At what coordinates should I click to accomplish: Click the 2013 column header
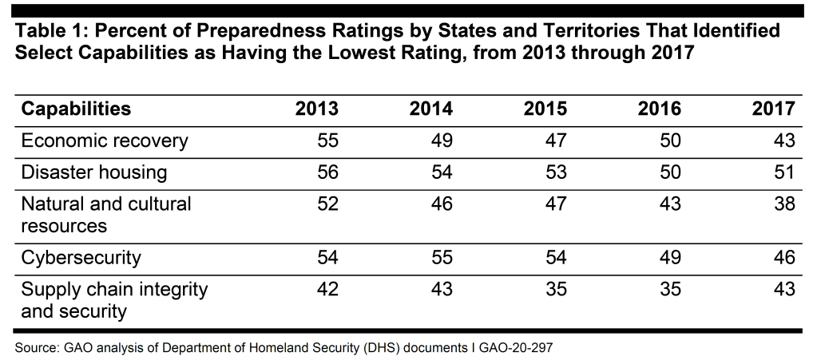[x=317, y=109]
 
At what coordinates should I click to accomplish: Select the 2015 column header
[x=545, y=109]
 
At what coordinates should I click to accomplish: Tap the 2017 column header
[x=773, y=109]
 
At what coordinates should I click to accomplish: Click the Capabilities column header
[x=76, y=109]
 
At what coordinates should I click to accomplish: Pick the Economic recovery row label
[x=105, y=141]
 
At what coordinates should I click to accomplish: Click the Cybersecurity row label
[x=81, y=258]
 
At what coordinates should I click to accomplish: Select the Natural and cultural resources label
[x=106, y=215]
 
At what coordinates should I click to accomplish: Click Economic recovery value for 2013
[x=327, y=141]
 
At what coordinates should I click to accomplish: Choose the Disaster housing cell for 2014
[x=442, y=173]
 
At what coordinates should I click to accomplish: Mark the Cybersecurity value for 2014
[x=442, y=258]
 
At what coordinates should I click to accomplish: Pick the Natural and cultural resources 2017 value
[x=784, y=204]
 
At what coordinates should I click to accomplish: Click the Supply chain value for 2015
[x=556, y=290]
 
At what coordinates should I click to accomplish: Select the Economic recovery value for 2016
[x=670, y=141]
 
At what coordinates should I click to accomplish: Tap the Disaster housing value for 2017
[x=784, y=173]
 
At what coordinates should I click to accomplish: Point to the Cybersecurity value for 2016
[x=670, y=258]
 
